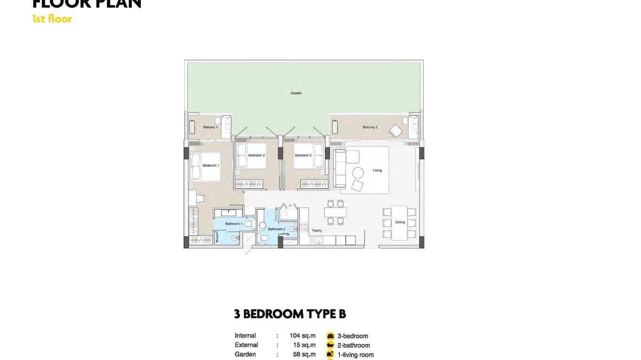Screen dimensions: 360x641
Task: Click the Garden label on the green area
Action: (296, 93)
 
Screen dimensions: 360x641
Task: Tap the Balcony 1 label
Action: (210, 127)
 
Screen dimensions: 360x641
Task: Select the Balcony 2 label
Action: (370, 127)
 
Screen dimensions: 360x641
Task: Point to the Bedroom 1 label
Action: (211, 165)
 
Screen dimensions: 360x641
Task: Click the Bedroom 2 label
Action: (256, 155)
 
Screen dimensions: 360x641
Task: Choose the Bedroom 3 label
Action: (303, 155)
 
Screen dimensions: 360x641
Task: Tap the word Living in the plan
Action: (377, 170)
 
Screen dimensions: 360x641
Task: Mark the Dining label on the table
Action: (400, 222)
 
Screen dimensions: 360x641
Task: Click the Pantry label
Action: (317, 231)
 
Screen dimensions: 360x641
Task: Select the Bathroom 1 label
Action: (233, 223)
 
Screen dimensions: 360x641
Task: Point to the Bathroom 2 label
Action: (276, 229)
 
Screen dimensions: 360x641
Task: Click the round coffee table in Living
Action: (358, 173)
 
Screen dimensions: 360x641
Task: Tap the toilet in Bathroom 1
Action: (247, 223)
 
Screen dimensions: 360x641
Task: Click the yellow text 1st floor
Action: (52, 19)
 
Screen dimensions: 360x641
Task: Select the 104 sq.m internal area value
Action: (302, 336)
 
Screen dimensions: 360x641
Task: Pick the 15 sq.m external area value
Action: (304, 345)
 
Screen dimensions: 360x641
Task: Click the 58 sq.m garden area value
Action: (304, 354)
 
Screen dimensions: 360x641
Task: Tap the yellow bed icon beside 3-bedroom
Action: (330, 336)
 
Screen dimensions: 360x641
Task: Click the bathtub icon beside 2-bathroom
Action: (330, 345)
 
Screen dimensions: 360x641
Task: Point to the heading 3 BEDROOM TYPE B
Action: (290, 314)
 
